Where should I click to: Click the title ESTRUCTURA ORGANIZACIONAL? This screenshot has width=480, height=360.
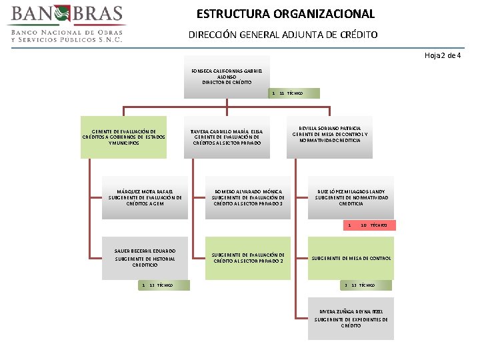coord(285,13)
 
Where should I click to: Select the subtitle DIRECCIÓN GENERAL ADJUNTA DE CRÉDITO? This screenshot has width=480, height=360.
coord(283,34)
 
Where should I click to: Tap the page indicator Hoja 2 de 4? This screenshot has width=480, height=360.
coord(443,55)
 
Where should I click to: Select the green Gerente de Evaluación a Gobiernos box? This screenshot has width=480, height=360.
coord(123,138)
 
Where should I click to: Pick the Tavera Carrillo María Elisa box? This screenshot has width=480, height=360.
coord(227,137)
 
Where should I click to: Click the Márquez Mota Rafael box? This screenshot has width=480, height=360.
coord(145,198)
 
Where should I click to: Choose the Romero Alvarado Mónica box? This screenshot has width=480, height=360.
coord(248,198)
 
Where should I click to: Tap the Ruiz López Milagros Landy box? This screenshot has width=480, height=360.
coord(351,198)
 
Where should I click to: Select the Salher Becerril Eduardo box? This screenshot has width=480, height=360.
coord(145,257)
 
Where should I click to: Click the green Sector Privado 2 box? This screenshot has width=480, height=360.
coord(248,257)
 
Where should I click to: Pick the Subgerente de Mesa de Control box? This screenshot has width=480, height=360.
coord(351,257)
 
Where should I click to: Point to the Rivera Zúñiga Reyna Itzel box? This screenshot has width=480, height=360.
coord(351,317)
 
